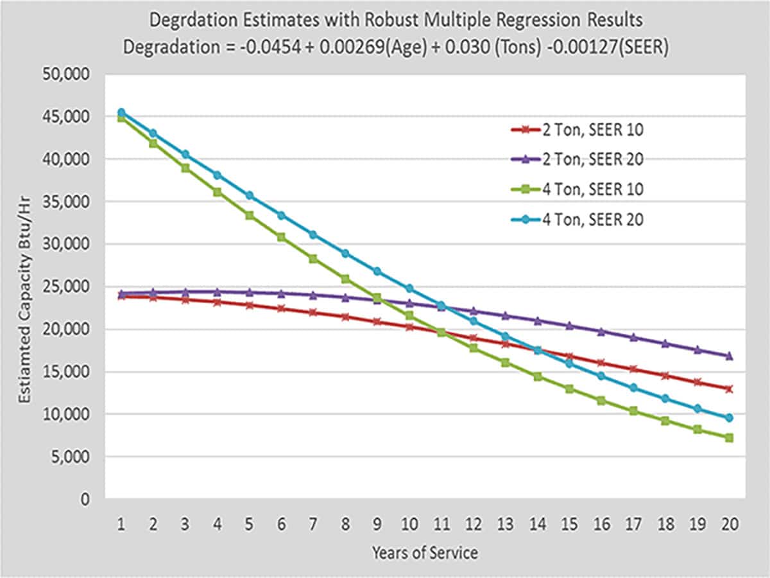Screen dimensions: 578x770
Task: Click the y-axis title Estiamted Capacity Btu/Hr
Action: click(24, 286)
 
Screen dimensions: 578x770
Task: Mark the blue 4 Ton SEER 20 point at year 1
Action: click(121, 112)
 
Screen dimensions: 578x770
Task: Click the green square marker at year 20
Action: click(728, 438)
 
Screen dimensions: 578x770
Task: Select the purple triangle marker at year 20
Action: click(728, 355)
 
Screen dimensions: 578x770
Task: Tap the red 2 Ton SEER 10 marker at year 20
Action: click(728, 389)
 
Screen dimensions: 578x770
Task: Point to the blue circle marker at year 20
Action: click(728, 418)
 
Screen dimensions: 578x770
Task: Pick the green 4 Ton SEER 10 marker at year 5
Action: click(249, 215)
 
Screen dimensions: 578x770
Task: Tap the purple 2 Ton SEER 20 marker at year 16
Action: click(601, 331)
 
